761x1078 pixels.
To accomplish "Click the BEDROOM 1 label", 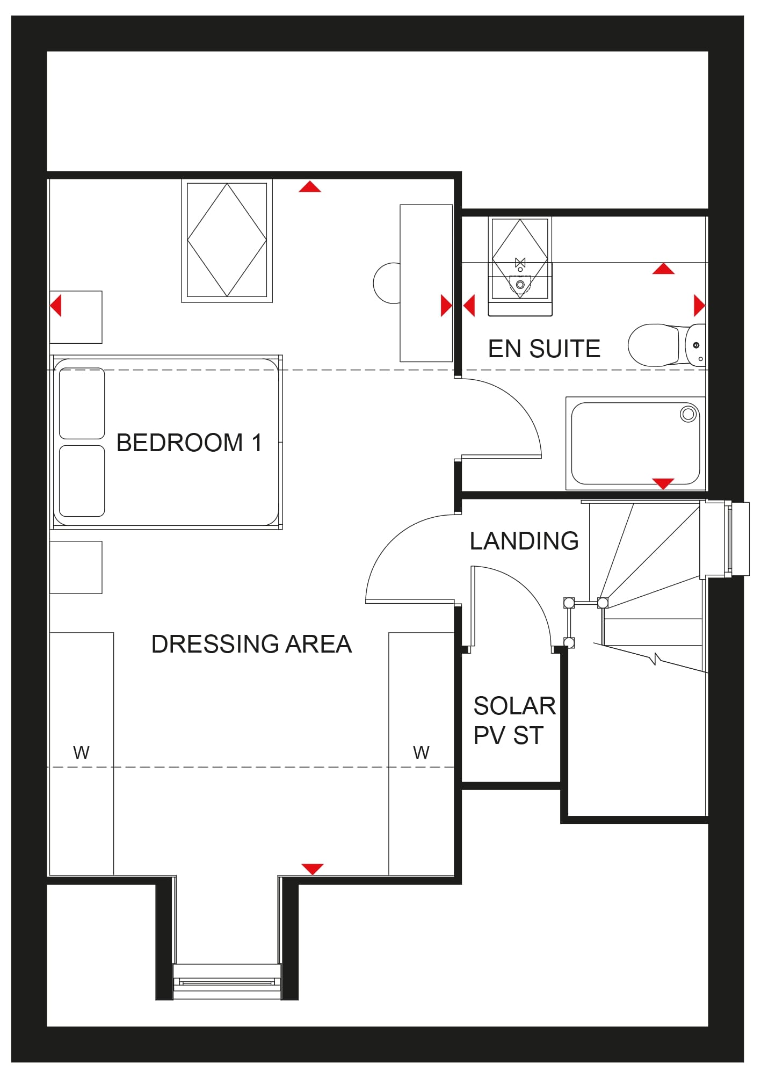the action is [189, 443].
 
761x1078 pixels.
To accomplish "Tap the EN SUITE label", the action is [544, 349].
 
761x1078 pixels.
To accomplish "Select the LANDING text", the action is [524, 541].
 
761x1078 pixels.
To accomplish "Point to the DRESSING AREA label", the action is [251, 644].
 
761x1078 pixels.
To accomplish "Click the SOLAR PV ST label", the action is [514, 720].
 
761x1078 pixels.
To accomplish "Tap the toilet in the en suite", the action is [666, 345].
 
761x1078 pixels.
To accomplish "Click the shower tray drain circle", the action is [688, 414].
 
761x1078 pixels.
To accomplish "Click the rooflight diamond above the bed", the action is [227, 240].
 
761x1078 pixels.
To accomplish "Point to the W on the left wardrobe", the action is [81, 753].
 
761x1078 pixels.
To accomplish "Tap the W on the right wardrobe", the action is [421, 753].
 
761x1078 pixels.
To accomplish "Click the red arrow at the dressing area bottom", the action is [312, 869].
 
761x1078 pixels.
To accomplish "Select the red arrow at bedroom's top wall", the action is [310, 186].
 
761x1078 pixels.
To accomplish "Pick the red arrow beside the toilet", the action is [699, 305].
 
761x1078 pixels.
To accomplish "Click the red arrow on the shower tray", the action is [663, 483].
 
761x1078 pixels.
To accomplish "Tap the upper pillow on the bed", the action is [82, 403].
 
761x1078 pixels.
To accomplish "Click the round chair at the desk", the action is [387, 283].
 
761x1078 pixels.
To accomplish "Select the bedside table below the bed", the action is [76, 567].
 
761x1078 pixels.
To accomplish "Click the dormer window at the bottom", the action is [227, 981].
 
